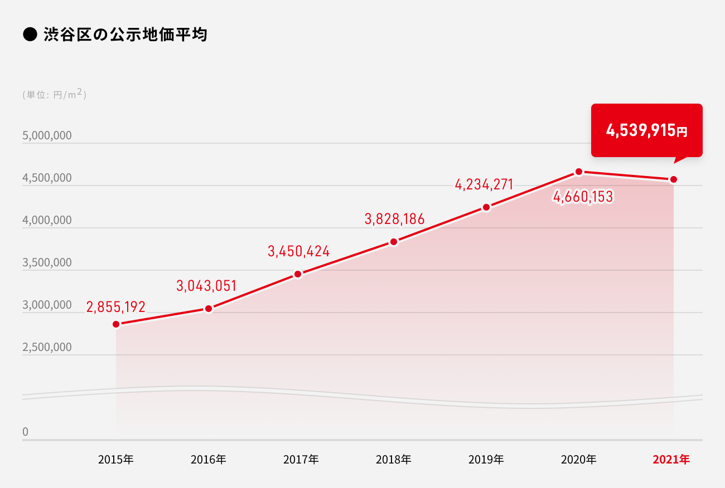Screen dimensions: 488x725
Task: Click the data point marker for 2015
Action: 116,324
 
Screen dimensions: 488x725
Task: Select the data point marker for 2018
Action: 394,242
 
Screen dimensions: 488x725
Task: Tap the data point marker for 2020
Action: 579,172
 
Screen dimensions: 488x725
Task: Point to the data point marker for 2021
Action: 674,179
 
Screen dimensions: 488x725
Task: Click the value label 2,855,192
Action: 116,307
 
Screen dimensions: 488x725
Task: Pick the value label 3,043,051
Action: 207,286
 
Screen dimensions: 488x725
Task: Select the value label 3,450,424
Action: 299,252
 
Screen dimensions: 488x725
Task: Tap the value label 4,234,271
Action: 484,184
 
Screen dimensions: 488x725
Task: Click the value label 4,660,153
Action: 583,197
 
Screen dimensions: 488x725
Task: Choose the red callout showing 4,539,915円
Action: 647,131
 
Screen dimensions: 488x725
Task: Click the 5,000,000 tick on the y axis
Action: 47,136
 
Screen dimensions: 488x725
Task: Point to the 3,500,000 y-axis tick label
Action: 47,263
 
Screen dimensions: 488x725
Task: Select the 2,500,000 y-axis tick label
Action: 47,348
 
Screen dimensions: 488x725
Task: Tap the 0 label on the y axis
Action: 25,432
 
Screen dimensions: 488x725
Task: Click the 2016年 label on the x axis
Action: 209,460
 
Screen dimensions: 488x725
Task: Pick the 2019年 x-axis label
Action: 486,460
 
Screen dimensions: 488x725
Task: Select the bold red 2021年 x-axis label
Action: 671,460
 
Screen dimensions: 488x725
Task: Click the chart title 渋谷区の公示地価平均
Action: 125,35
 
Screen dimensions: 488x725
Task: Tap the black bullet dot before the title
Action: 29,35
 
